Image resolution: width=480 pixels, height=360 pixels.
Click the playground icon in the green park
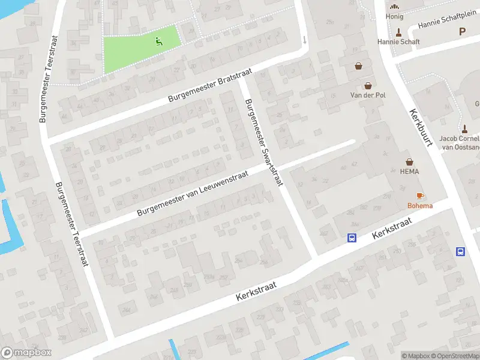coord(159,41)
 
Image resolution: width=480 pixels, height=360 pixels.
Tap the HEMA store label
coord(410,172)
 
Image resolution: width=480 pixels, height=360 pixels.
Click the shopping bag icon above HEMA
coord(410,161)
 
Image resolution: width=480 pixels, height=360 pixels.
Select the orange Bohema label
coord(419,206)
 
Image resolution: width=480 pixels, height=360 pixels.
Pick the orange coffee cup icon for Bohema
coord(419,196)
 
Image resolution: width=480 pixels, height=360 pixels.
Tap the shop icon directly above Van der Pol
coord(367,85)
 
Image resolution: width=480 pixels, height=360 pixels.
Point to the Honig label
coord(395,17)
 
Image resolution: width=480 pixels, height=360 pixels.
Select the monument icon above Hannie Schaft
coord(398,32)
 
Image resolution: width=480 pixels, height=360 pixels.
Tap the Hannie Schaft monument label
coord(398,42)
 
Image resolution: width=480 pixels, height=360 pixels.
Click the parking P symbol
coord(462,31)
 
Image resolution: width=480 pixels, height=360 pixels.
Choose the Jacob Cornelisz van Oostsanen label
coord(460,142)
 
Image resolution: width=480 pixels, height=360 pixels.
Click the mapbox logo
coord(26,353)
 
